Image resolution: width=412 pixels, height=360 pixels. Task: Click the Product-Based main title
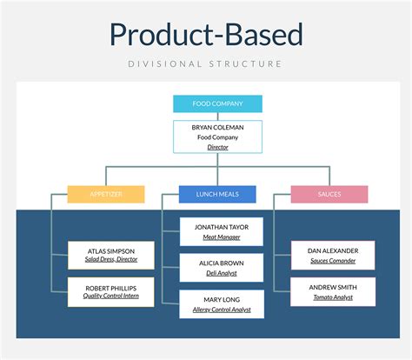point(206,35)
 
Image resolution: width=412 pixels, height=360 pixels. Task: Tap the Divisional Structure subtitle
point(206,63)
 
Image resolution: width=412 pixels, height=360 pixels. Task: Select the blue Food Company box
point(205,104)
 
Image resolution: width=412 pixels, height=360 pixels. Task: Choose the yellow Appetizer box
point(105,194)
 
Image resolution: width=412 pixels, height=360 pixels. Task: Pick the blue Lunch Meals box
point(217,194)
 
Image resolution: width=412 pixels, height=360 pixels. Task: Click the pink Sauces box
point(329,194)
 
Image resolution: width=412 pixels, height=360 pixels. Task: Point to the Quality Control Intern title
point(105,297)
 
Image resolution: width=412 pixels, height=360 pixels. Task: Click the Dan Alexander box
point(333,256)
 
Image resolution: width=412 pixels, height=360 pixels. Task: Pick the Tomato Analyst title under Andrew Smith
point(333,297)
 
